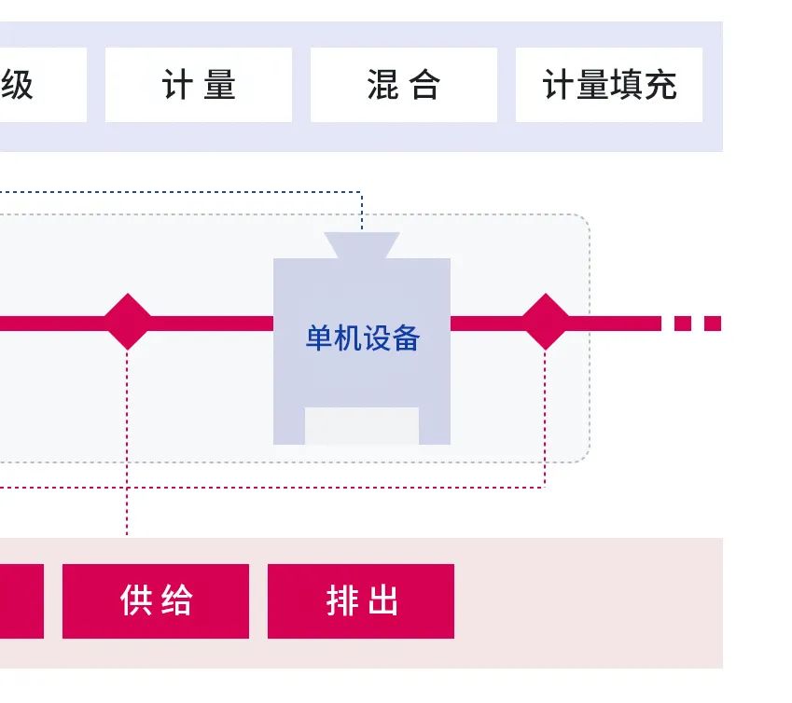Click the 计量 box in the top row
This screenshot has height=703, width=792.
click(x=199, y=85)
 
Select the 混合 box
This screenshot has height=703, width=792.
click(x=403, y=85)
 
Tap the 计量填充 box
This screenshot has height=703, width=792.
click(x=608, y=85)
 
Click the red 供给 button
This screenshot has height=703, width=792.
click(x=156, y=601)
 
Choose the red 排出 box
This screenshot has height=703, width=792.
click(x=361, y=601)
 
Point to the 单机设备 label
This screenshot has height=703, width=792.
click(x=362, y=338)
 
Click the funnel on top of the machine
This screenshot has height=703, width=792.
click(x=362, y=245)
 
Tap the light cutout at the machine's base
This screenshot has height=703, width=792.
click(x=362, y=426)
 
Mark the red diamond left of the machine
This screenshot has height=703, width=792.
click(x=127, y=323)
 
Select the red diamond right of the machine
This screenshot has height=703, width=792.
click(x=545, y=323)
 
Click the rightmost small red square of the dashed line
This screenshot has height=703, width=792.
click(x=713, y=324)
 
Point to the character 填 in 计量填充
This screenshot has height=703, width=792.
click(x=626, y=86)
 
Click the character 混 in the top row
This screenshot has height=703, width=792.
click(x=384, y=86)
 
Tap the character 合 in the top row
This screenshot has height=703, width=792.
click(x=424, y=86)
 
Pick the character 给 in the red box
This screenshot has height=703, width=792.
click(x=176, y=601)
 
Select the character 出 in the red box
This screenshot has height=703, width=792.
click(x=382, y=601)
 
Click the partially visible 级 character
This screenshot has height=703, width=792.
click(x=16, y=86)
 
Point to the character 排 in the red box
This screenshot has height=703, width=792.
click(x=341, y=601)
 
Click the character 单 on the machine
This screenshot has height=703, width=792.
click(x=319, y=338)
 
